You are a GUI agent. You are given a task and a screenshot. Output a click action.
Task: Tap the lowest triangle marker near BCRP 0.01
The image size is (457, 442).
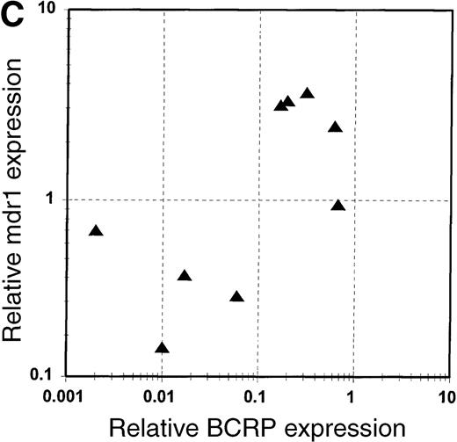coord(162,348)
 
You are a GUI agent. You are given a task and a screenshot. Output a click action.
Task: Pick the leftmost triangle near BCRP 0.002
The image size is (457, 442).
coord(96,231)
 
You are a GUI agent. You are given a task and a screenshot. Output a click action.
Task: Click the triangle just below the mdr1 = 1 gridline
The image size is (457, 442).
coord(338,206)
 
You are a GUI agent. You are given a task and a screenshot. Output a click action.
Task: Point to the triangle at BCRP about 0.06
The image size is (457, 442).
coord(236,297)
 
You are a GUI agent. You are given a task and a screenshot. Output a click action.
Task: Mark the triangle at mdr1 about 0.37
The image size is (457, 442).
coord(185,276)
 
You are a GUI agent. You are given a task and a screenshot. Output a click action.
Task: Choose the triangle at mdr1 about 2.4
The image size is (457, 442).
coord(334,127)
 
